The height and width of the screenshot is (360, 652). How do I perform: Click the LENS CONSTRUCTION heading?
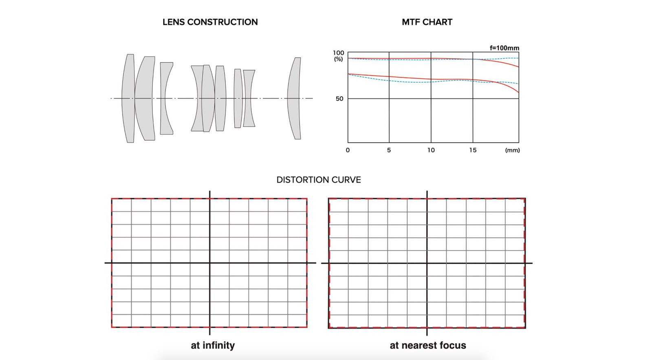click(210, 22)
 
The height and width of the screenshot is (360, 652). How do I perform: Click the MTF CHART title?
click(427, 22)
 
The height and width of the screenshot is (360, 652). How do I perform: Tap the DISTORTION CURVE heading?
click(319, 180)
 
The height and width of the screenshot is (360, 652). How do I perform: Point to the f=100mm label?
click(504, 48)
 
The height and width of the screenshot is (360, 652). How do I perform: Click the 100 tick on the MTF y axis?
click(338, 53)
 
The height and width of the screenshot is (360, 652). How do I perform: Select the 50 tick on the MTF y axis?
click(339, 99)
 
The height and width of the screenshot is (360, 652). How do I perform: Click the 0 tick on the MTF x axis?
click(348, 150)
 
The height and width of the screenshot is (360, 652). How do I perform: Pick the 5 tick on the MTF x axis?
click(389, 150)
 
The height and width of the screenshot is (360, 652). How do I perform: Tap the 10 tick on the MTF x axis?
click(431, 150)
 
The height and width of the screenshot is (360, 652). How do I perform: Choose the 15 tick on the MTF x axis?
click(473, 150)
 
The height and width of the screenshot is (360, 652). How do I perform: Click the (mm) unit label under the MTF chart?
click(512, 150)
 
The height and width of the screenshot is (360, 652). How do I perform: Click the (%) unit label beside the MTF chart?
click(338, 59)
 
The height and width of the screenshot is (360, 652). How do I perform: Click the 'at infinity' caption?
click(213, 345)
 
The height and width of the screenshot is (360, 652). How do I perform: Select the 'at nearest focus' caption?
click(428, 345)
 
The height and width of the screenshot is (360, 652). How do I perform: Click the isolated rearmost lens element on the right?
click(294, 98)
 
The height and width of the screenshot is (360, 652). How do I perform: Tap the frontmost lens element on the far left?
click(128, 98)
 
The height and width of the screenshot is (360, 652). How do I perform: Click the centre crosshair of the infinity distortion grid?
click(209, 263)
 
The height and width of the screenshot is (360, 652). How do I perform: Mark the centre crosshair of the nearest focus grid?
click(427, 263)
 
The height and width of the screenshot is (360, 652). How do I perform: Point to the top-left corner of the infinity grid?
click(112, 199)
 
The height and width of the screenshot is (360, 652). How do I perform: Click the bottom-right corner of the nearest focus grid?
click(525, 328)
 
